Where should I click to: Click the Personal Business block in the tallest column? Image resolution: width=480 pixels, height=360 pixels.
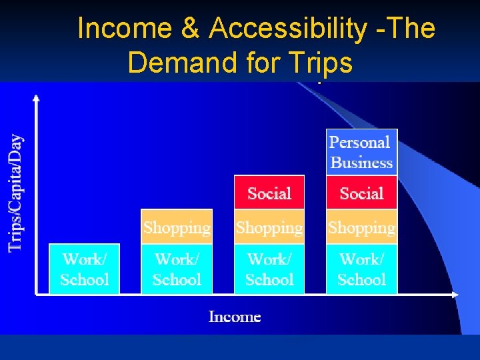click(361, 152)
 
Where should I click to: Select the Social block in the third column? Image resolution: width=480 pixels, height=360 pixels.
click(269, 193)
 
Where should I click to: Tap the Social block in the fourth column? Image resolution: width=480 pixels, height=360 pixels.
click(361, 193)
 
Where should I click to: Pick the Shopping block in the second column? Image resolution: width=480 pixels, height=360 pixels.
click(177, 227)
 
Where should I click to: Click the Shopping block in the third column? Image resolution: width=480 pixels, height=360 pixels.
click(269, 227)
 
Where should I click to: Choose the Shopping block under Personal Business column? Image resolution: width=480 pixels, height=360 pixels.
click(361, 227)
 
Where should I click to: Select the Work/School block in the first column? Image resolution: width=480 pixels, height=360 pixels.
click(85, 269)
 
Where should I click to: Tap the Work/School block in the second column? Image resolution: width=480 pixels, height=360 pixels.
click(177, 269)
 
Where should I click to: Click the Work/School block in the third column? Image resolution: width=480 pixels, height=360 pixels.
click(269, 269)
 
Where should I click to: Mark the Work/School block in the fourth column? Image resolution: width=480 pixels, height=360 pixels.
click(361, 269)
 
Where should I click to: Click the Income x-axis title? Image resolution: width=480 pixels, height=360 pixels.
click(235, 317)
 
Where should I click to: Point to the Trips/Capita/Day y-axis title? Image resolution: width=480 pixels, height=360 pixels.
click(16, 193)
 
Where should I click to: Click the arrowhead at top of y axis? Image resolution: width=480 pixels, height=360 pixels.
click(36, 99)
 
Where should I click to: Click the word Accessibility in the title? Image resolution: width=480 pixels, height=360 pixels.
click(287, 29)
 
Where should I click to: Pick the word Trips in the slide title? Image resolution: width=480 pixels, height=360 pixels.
click(321, 63)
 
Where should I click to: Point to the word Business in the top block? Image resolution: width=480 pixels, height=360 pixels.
click(362, 162)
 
